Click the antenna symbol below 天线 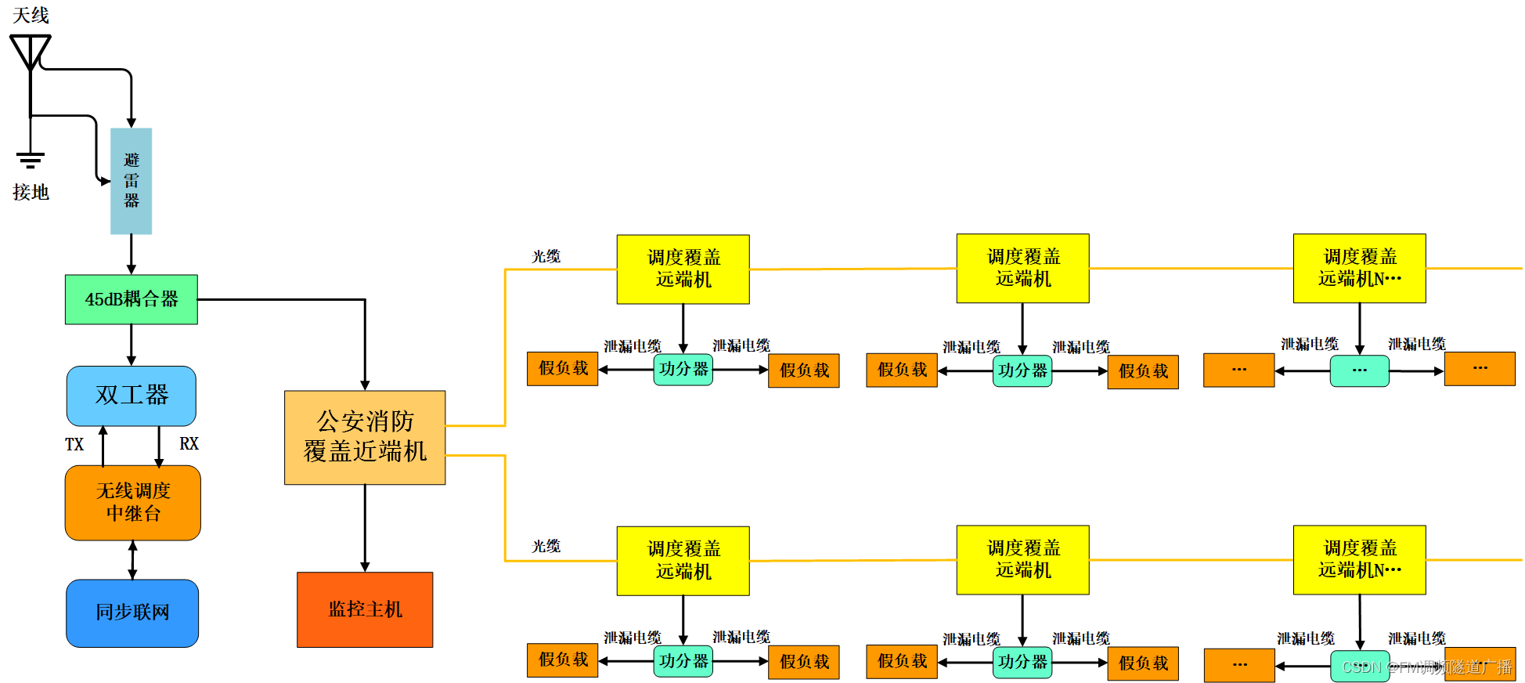click(x=30, y=52)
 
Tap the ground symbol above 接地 click(x=30, y=160)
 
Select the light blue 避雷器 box click(x=131, y=181)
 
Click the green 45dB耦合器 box click(x=131, y=299)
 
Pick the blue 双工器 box click(x=131, y=396)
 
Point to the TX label click(x=74, y=445)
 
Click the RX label click(x=189, y=444)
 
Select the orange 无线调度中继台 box click(x=132, y=502)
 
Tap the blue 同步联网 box click(x=132, y=613)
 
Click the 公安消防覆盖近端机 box click(x=365, y=437)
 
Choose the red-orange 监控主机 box click(x=365, y=609)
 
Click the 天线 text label click(x=31, y=15)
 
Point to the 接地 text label click(x=31, y=192)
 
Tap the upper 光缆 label click(x=546, y=256)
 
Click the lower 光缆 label click(x=546, y=546)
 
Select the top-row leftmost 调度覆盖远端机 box click(x=683, y=269)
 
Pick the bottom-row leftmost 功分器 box click(x=683, y=661)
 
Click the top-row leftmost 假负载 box click(x=562, y=368)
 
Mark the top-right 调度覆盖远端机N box click(x=1359, y=268)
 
